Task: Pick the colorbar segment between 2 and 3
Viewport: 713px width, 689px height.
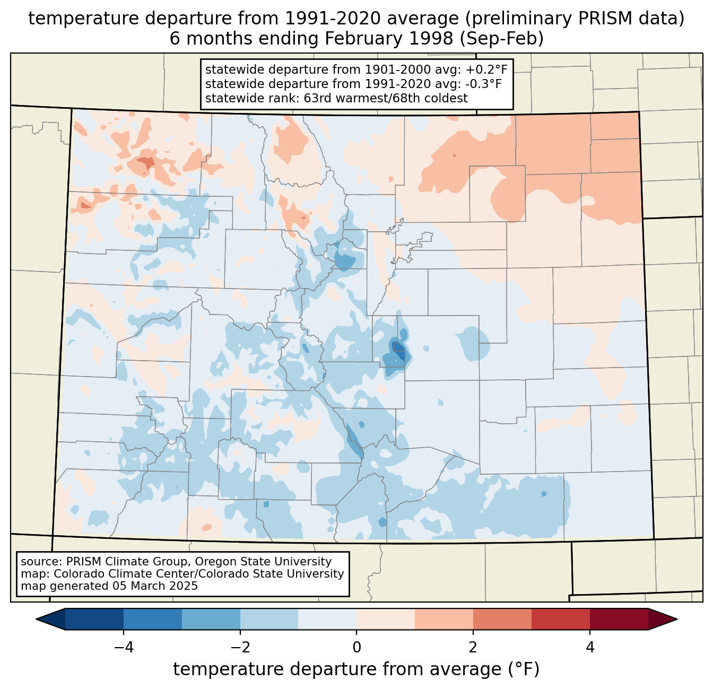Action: pos(502,619)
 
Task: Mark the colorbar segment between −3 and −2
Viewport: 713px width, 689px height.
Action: pos(211,619)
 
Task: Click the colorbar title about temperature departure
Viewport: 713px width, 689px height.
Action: pos(356,669)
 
